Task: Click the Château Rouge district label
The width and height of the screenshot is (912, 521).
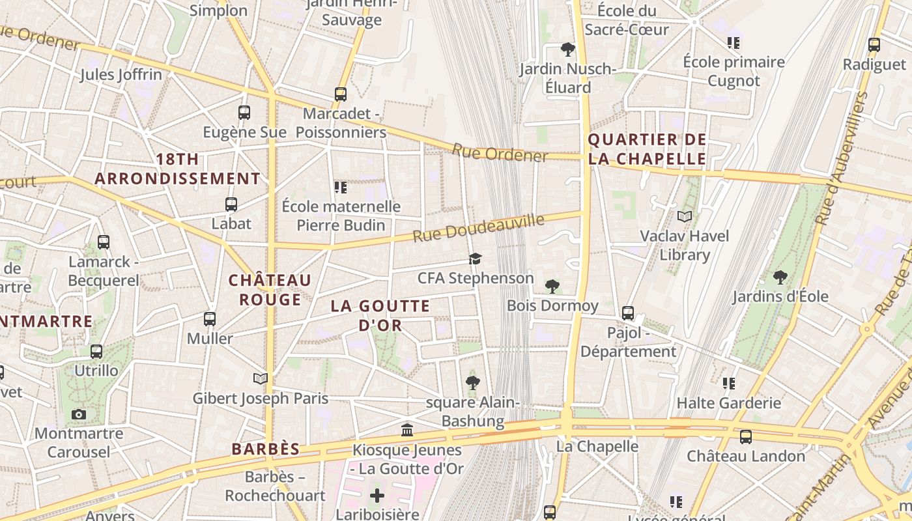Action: (x=270, y=290)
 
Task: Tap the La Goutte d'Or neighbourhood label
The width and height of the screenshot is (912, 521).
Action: (x=380, y=315)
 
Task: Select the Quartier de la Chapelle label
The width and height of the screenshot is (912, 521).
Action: (x=647, y=149)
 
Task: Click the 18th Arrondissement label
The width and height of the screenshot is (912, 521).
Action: (x=177, y=169)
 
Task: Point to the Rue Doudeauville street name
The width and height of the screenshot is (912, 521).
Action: (x=478, y=228)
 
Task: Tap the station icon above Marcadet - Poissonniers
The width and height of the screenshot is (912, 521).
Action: (x=341, y=94)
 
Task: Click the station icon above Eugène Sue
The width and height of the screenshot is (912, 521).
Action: (x=244, y=112)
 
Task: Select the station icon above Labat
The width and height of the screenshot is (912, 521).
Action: (x=231, y=204)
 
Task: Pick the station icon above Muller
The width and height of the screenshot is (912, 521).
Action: (x=209, y=319)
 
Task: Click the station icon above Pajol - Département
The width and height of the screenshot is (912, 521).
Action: (x=628, y=313)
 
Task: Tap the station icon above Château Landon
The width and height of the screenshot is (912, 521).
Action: (x=746, y=436)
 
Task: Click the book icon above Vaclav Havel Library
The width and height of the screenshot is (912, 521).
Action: (x=685, y=216)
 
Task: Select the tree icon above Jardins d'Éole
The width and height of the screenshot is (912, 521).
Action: (x=780, y=277)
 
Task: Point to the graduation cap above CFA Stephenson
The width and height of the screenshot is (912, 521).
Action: (x=475, y=259)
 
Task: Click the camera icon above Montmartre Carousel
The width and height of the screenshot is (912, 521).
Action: (x=79, y=414)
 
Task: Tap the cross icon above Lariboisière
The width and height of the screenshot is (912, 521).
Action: (x=377, y=496)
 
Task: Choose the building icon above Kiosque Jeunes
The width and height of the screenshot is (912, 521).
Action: (x=408, y=430)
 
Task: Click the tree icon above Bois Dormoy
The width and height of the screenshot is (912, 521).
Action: (x=552, y=286)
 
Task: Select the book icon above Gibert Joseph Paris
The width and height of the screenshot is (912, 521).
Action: (x=261, y=378)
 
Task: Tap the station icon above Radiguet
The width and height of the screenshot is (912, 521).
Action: (x=874, y=45)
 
